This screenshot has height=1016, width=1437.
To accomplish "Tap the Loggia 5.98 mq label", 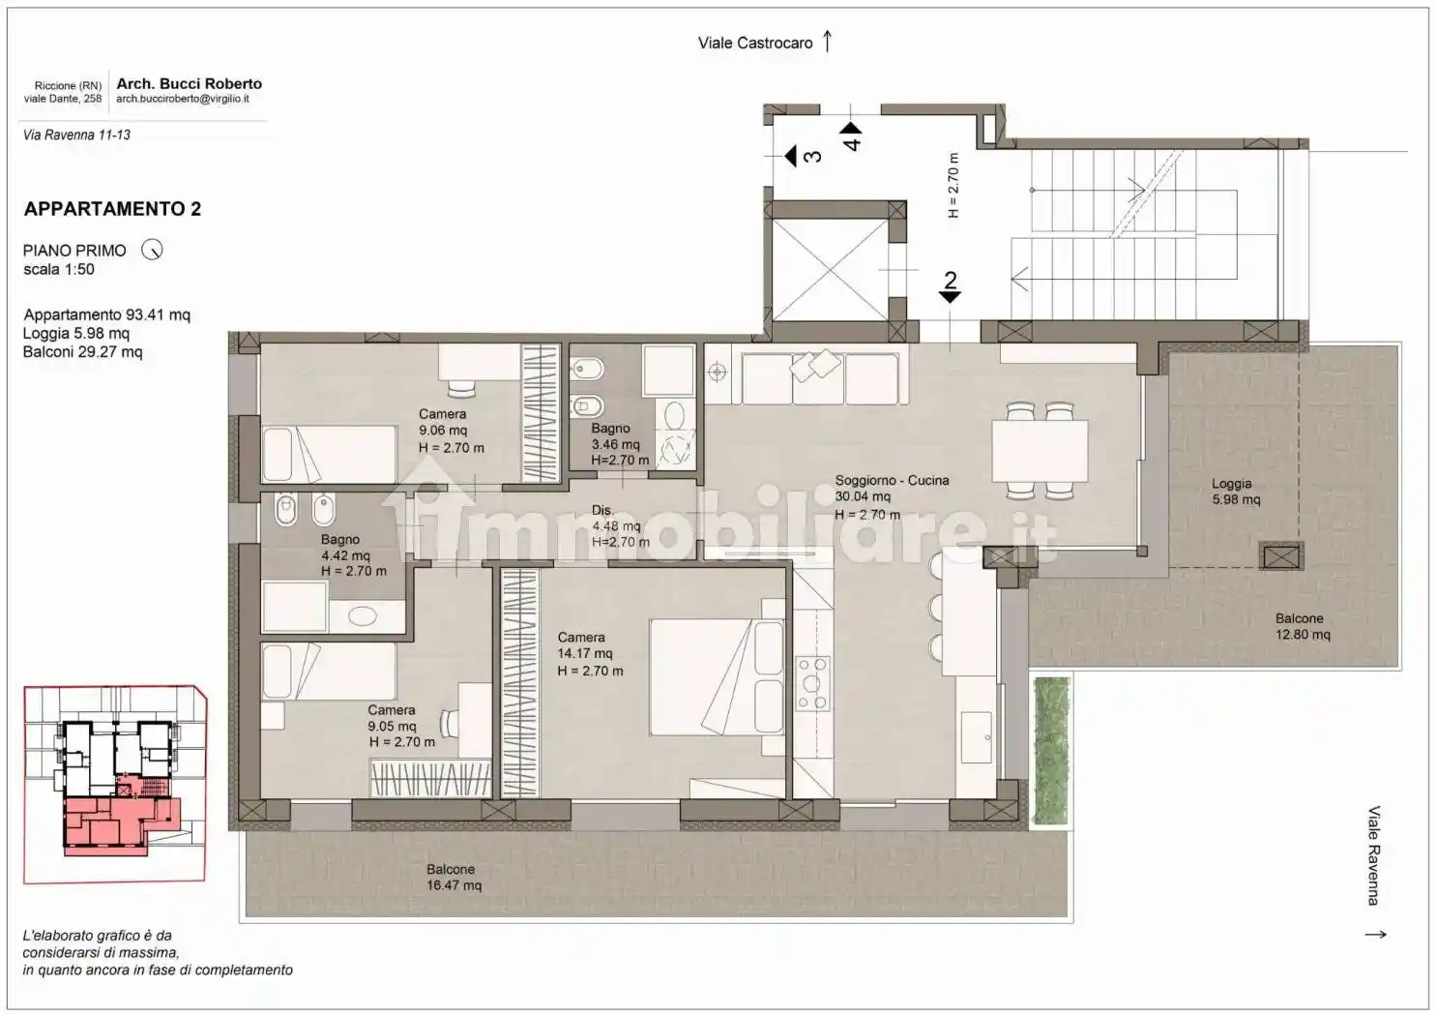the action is [1235, 492].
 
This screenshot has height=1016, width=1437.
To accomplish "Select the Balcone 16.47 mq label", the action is [454, 878].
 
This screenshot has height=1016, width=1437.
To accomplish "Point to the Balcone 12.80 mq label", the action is [1303, 626].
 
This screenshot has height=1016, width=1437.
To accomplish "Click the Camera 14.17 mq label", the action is [590, 654].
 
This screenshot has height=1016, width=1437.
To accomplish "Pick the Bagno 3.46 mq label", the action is [619, 444].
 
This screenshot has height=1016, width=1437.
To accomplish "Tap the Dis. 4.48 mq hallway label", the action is [620, 525].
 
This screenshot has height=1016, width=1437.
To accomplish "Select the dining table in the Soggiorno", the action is [1040, 451].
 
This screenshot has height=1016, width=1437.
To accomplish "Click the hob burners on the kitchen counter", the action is [812, 683].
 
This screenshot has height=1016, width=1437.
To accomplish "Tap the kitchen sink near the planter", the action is [977, 737].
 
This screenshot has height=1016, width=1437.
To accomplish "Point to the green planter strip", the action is [1051, 750].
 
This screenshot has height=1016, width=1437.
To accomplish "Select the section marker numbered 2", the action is [950, 286].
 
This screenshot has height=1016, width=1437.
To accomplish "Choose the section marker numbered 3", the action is [803, 156].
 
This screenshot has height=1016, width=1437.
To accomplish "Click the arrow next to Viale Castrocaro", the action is [828, 41].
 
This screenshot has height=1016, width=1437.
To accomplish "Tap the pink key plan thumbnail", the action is [115, 785].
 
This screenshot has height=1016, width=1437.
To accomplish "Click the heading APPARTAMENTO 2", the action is [112, 209].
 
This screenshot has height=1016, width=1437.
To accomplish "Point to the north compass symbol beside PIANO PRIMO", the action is [152, 249].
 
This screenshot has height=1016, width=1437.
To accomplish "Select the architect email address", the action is [182, 99].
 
